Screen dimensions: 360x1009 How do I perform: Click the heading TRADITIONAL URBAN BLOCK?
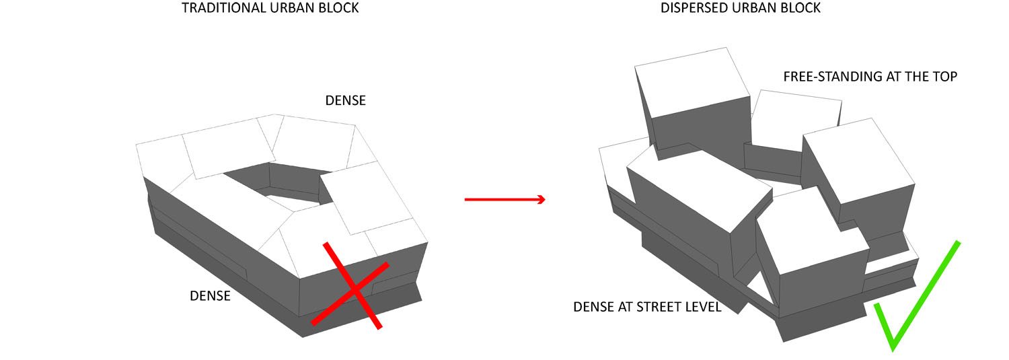coord(270,9)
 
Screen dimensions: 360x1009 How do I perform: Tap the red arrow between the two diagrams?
coord(504,200)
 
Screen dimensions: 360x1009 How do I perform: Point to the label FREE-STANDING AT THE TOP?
coord(870,77)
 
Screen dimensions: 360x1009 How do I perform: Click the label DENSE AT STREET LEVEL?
coord(647,308)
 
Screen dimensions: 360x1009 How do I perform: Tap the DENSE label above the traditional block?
coord(345,100)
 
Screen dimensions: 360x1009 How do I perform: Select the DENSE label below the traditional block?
coord(210,295)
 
